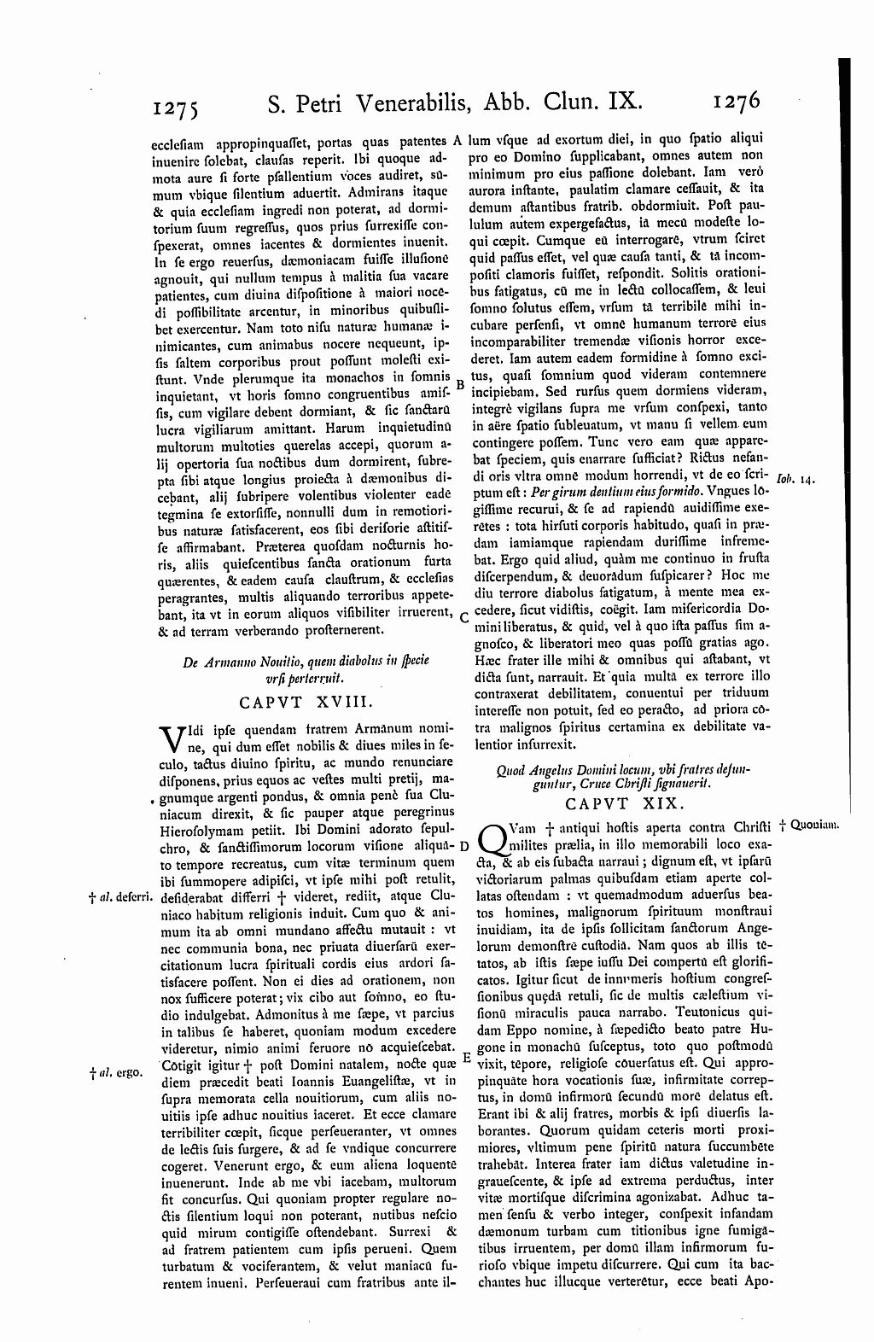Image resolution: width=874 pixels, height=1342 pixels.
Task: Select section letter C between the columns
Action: pos(462,616)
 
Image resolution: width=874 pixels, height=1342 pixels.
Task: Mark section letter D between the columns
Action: pos(464,846)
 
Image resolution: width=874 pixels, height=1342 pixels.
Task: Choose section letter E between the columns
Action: pos(466,1056)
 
